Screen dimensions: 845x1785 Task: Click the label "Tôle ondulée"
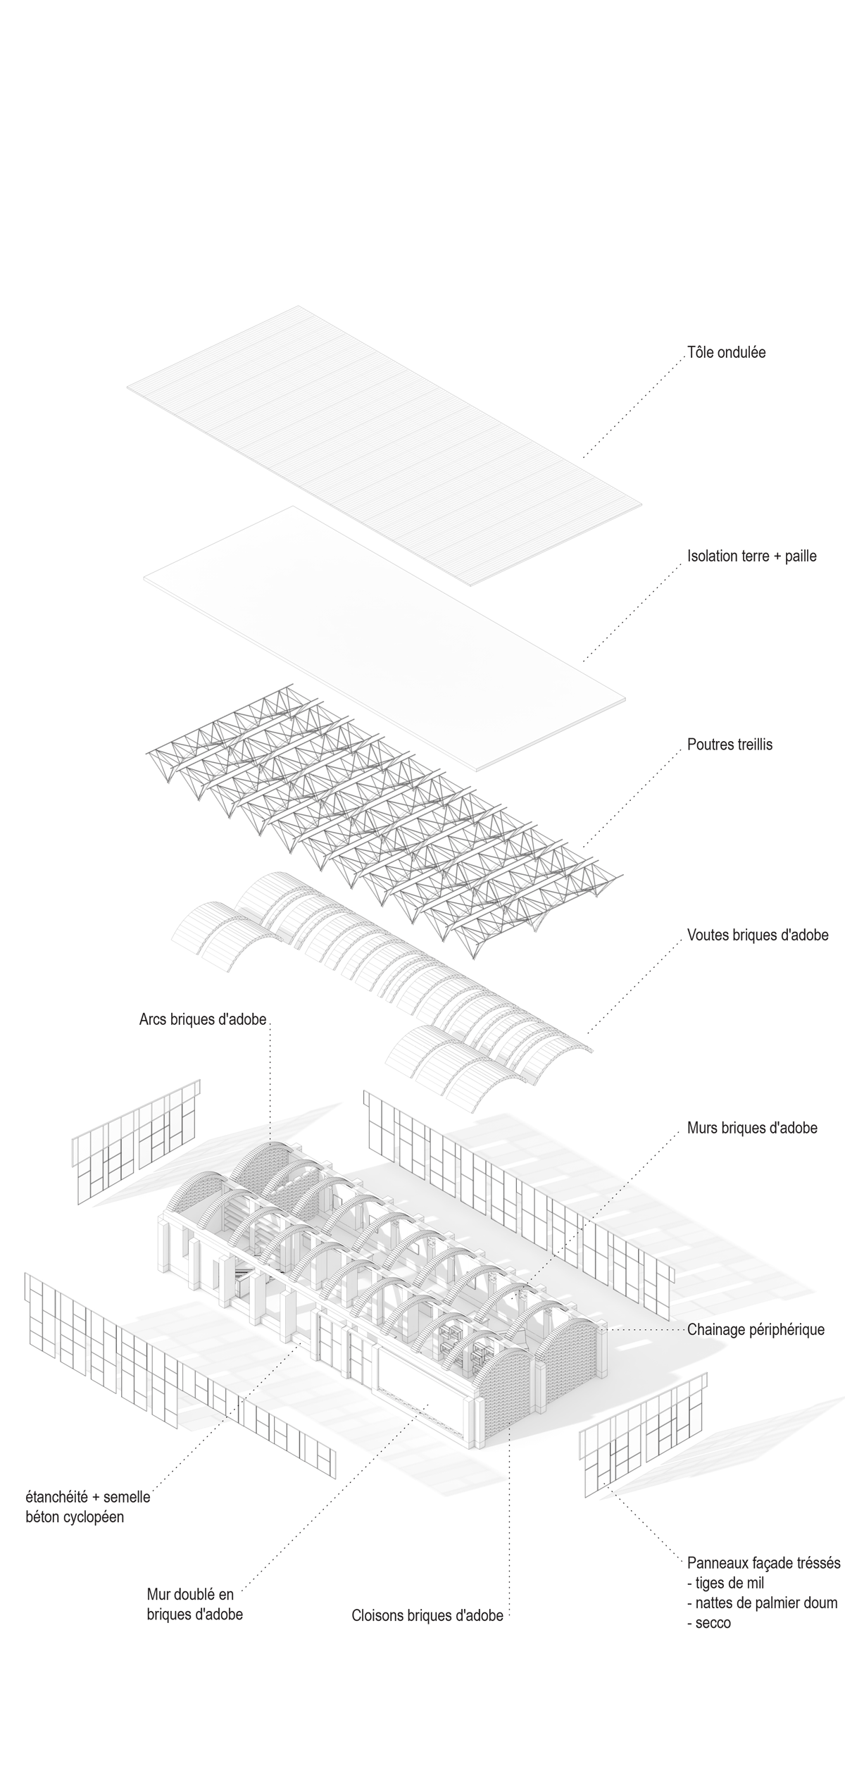pos(726,352)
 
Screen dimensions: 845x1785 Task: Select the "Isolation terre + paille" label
pos(751,556)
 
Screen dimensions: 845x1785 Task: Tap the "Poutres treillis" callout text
pos(730,745)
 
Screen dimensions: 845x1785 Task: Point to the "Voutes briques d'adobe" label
pos(757,936)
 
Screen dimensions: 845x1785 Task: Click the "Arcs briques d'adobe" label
pos(203,1019)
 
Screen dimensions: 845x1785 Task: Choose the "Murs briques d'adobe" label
pos(752,1128)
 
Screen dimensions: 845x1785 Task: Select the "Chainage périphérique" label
pos(756,1331)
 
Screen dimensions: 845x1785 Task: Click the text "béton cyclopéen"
pos(75,1517)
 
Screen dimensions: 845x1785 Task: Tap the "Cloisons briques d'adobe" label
pos(427,1615)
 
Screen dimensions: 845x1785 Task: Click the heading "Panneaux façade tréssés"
pos(764,1563)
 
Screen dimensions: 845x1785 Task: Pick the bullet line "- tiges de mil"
pos(726,1584)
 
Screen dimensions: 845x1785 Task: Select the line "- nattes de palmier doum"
pos(763,1603)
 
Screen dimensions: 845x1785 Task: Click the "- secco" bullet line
pos(709,1623)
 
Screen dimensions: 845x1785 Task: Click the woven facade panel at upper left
pos(137,1140)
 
